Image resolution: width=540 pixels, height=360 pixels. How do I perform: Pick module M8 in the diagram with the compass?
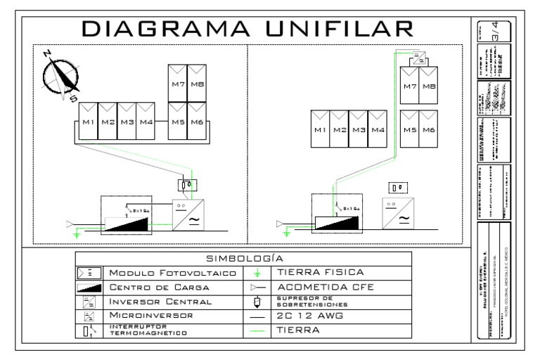tap(195, 84)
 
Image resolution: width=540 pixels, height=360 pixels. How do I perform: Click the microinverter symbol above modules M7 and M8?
tap(419, 56)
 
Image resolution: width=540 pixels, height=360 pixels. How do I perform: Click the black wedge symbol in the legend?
tap(91, 287)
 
